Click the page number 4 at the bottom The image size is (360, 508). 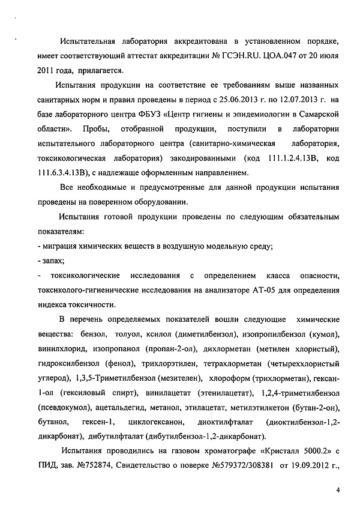pyautogui.click(x=338, y=491)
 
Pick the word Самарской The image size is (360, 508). pyautogui.click(x=319, y=115)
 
